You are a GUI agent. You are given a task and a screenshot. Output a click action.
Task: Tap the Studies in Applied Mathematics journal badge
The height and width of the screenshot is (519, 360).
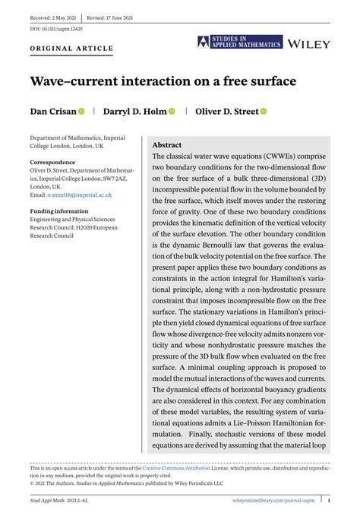point(239,43)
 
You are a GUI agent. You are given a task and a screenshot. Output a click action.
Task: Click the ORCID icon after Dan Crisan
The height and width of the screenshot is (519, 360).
point(82,112)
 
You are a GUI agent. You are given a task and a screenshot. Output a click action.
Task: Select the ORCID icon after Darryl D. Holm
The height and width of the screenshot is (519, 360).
point(172,112)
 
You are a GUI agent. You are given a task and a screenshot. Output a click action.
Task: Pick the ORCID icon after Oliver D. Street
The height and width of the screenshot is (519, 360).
point(264,112)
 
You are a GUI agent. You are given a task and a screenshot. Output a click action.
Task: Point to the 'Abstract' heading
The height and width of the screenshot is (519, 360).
point(167,144)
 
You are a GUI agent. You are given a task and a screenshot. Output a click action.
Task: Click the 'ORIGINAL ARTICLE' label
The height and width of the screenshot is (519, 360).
point(71,49)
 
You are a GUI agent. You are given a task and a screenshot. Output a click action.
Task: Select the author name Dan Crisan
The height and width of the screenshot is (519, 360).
point(52,112)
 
